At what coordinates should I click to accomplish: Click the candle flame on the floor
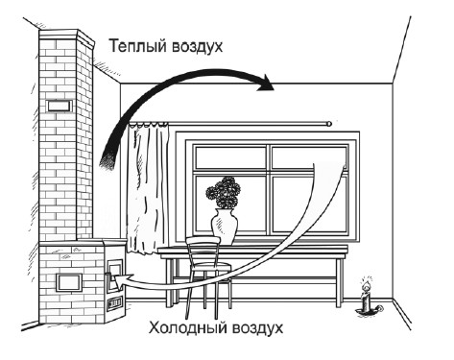[x=365, y=285]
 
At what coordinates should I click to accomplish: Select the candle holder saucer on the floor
[x=366, y=309]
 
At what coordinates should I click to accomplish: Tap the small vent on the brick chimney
[x=58, y=104]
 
